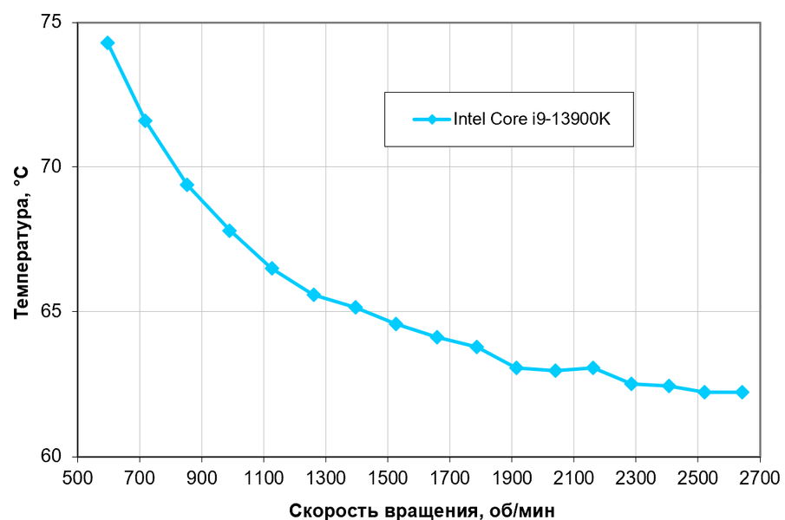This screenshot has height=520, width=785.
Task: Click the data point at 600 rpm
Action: [108, 42]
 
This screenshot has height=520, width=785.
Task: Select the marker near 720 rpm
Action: [145, 120]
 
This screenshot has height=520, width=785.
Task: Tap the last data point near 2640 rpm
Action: [742, 393]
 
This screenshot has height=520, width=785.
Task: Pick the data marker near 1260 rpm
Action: [314, 295]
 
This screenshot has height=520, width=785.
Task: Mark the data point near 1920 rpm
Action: [517, 367]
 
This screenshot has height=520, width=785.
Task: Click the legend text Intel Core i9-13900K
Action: [533, 120]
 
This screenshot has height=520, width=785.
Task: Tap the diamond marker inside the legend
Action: [431, 120]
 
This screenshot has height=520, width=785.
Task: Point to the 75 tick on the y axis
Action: [52, 22]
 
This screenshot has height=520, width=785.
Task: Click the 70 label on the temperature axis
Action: [52, 166]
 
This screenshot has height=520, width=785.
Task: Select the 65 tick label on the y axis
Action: [52, 312]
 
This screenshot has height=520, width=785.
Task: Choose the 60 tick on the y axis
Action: [52, 457]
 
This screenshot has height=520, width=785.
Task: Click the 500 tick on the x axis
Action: [77, 476]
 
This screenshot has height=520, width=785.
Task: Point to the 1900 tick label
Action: [512, 476]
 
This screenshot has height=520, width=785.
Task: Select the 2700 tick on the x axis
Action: [760, 476]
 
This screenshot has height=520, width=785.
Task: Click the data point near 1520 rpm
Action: [396, 324]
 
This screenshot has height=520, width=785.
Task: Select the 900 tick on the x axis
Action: [202, 476]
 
